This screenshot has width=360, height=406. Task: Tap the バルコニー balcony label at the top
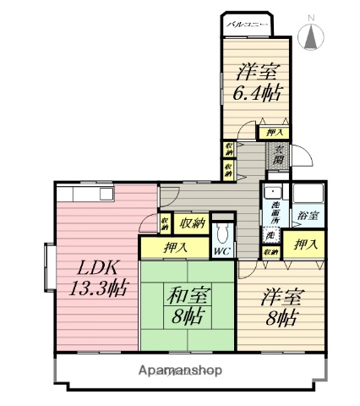[x=247, y=25]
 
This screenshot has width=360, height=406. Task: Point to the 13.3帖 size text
[x=98, y=286]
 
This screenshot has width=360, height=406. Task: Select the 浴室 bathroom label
[x=308, y=217]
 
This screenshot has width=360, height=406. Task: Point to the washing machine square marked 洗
[x=271, y=237]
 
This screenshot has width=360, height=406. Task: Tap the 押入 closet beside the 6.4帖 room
[x=274, y=133]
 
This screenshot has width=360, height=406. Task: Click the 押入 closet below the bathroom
[x=306, y=245]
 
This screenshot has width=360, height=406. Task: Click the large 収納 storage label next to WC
[x=193, y=223]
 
